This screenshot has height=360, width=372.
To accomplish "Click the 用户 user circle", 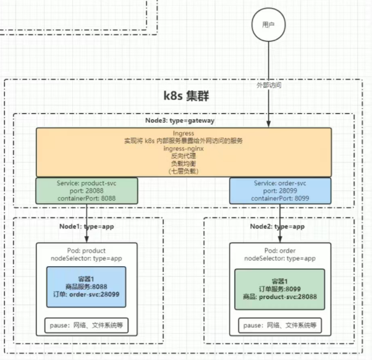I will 268,25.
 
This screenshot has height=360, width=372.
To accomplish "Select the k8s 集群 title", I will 185,96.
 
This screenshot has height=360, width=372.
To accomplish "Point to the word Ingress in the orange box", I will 184,133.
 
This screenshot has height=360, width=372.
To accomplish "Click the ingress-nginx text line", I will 184,148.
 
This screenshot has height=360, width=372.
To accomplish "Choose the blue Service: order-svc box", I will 280,191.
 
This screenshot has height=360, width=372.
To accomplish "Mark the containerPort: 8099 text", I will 280,199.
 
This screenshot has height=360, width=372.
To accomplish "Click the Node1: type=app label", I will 87,226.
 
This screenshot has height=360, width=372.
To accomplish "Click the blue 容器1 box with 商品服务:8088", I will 87,287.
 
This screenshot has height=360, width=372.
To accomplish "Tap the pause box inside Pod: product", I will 87,325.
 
